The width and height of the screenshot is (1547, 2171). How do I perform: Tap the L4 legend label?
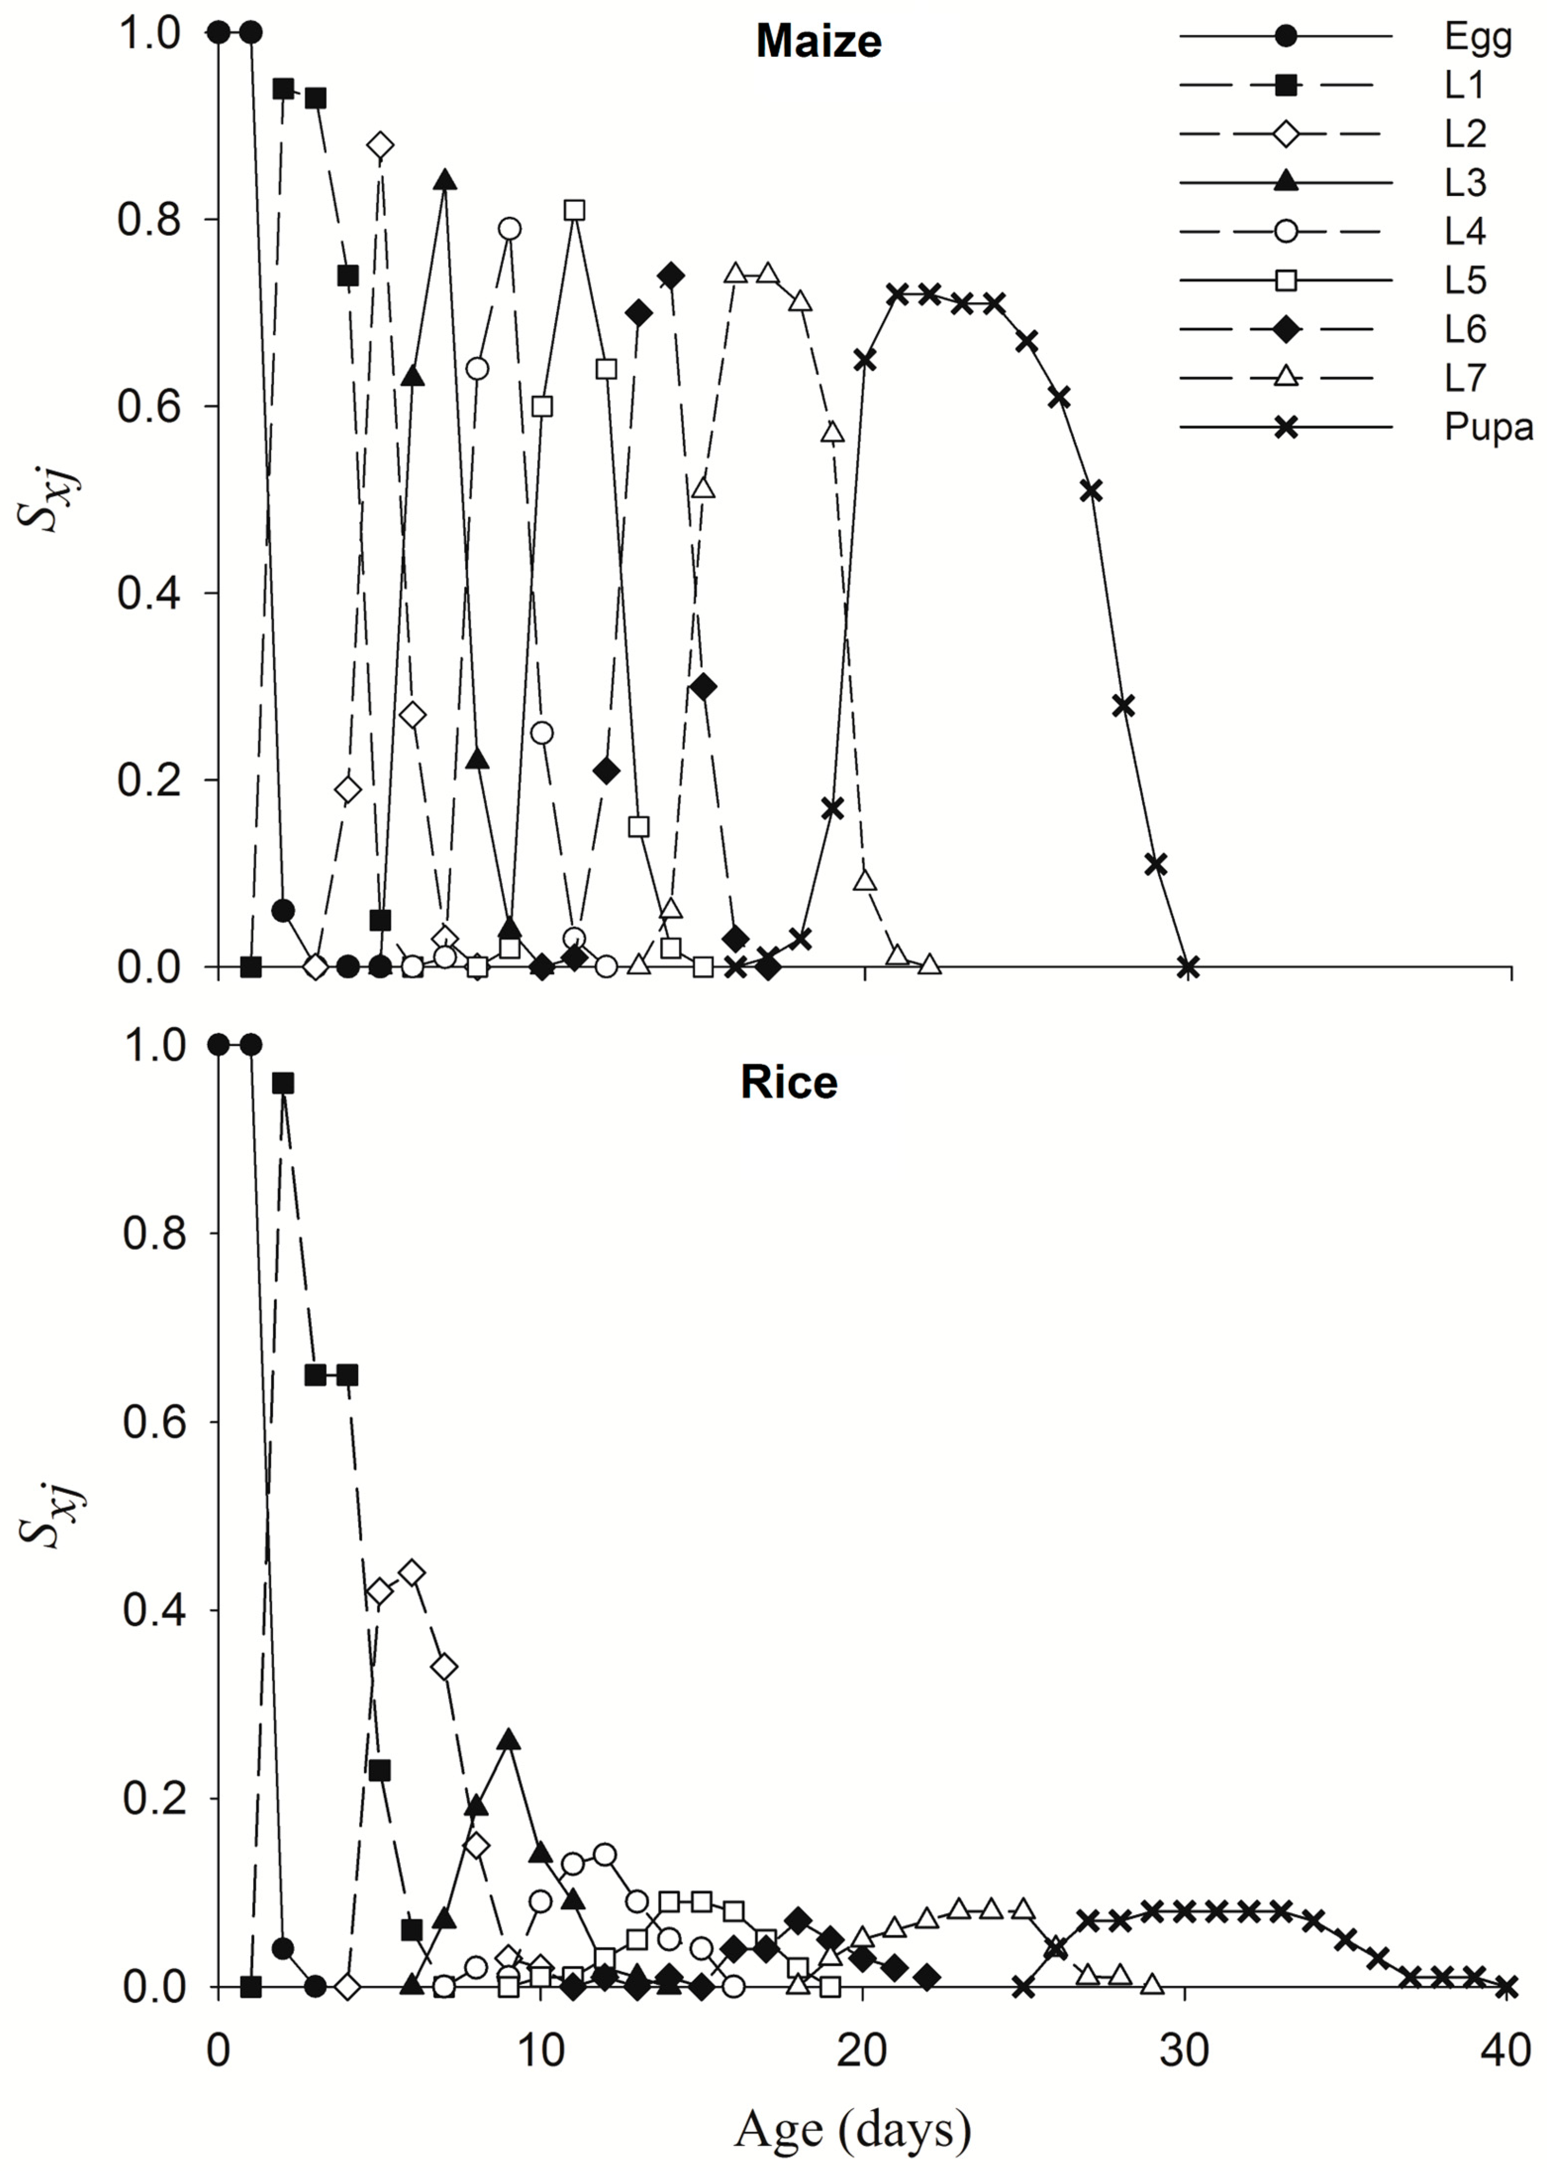tap(1465, 232)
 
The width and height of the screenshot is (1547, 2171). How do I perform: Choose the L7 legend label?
tap(1465, 378)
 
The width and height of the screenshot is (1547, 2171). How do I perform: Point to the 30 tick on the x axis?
tap(1185, 2051)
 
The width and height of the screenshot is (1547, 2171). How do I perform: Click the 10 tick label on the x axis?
tap(540, 2051)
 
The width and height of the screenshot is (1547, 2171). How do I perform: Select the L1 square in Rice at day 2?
tap(283, 1083)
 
